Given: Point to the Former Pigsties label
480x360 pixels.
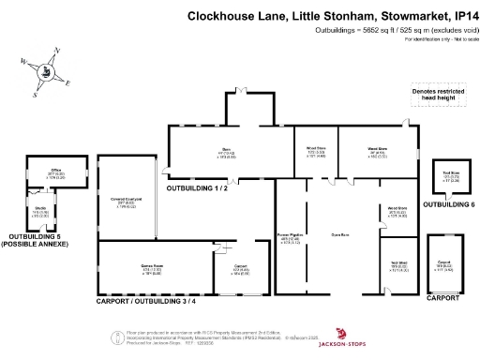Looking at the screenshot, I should (x=288, y=237).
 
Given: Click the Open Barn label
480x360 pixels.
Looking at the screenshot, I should (x=340, y=232).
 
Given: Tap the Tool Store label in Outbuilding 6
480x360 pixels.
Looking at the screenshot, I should (x=450, y=175).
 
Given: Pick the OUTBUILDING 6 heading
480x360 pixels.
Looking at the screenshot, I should (x=449, y=204).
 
